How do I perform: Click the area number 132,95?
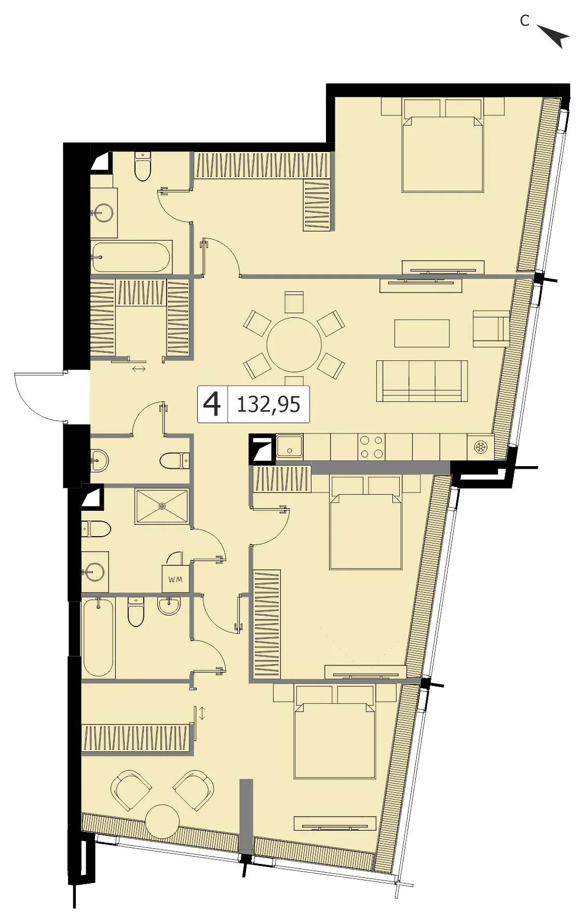pyautogui.click(x=268, y=404)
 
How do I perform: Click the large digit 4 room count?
pyautogui.click(x=212, y=404)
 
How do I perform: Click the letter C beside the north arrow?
pyautogui.click(x=525, y=21)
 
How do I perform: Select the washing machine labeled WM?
pyautogui.click(x=175, y=579)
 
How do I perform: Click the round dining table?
pyautogui.click(x=294, y=344)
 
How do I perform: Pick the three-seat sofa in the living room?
pyautogui.click(x=422, y=381)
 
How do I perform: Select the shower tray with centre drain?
pyautogui.click(x=162, y=506)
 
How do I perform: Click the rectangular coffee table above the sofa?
pyautogui.click(x=422, y=333)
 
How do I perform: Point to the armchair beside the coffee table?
pyautogui.click(x=491, y=328)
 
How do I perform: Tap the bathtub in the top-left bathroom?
pyautogui.click(x=131, y=257)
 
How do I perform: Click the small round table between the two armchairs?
pyautogui.click(x=162, y=821)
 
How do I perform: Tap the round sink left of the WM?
pyautogui.click(x=95, y=572)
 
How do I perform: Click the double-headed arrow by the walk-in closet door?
pyautogui.click(x=139, y=369)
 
